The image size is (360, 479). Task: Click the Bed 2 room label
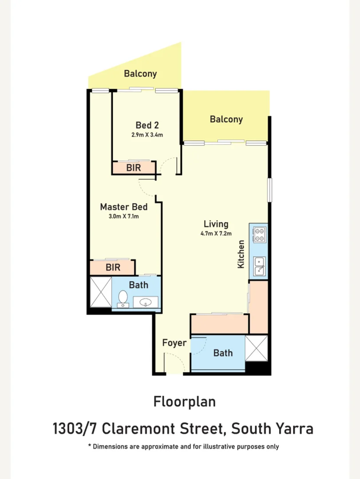tap(147, 125)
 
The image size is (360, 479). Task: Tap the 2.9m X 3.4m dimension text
tap(147, 135)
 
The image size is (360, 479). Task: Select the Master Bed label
tap(124, 207)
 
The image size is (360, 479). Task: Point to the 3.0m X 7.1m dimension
tap(124, 216)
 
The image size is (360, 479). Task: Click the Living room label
tap(216, 224)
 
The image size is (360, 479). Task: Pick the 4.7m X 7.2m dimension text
tap(216, 234)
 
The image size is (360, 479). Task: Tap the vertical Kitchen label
tap(241, 254)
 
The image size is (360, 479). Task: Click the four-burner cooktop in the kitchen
tap(260, 234)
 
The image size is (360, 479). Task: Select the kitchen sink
tap(260, 267)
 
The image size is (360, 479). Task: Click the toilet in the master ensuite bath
tap(123, 298)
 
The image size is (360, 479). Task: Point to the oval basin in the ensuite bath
tap(146, 303)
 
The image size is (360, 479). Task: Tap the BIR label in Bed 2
tap(134, 168)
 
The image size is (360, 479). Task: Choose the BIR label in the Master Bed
tap(113, 267)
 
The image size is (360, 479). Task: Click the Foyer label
tap(174, 343)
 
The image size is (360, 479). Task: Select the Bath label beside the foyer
tap(223, 353)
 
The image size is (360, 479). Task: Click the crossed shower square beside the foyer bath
tap(257, 348)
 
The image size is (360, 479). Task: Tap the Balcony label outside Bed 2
tap(140, 74)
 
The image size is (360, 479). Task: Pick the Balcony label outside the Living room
tap(226, 119)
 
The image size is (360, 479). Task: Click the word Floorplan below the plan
tap(185, 402)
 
